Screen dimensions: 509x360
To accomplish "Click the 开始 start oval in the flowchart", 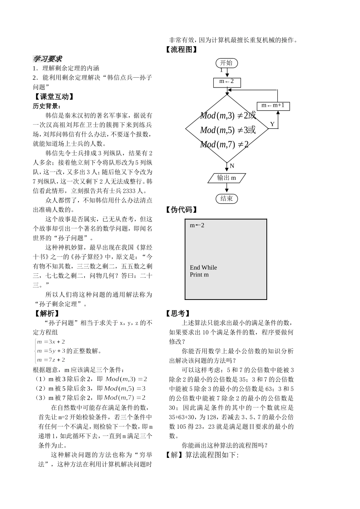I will click(227, 63).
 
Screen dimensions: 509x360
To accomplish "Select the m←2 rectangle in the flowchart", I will click(227, 81).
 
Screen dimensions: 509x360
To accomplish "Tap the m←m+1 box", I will click(273, 106).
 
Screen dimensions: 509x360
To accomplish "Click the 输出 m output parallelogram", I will click(227, 178).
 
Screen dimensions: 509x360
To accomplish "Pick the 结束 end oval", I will click(227, 198).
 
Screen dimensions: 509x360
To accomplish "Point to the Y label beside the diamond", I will click(272, 124).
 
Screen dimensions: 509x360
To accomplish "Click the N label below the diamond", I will click(232, 166).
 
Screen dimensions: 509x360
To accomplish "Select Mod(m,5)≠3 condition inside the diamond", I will click(227, 130).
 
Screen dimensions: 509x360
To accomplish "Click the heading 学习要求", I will click(47, 59).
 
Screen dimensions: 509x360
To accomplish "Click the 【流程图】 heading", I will click(182, 50).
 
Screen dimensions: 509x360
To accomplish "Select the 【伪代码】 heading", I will click(182, 210).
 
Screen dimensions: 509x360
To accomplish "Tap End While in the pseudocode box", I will click(203, 268).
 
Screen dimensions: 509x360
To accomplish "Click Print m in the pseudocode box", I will click(199, 275).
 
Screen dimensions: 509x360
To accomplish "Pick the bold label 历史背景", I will click(46, 106).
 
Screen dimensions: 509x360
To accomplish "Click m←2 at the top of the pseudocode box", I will click(197, 225).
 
